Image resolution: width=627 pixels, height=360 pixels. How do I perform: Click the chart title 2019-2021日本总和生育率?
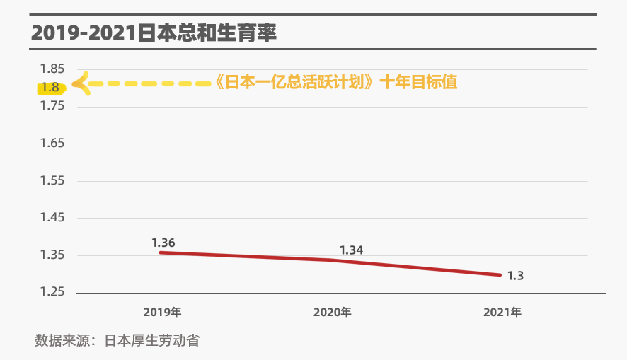coord(153,33)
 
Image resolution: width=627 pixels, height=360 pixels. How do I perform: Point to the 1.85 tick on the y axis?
coord(52,69)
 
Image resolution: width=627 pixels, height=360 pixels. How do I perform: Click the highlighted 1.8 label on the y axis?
coord(50,88)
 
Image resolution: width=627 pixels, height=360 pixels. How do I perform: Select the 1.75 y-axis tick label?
coord(52,106)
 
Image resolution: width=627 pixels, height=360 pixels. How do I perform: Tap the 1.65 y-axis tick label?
coord(52,144)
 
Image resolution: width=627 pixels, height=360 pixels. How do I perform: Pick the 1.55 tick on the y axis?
coord(52,181)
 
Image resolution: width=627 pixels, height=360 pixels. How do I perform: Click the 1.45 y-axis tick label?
coord(52,218)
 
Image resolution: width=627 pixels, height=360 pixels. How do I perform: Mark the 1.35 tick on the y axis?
coord(52,255)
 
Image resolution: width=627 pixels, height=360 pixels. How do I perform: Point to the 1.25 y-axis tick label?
coord(52,292)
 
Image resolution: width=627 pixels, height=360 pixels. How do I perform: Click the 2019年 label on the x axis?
coord(162,312)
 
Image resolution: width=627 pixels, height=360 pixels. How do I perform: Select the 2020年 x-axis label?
coord(332,312)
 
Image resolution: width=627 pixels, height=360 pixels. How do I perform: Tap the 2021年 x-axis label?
coord(502,312)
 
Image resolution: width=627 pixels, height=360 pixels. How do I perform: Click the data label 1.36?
coord(163,243)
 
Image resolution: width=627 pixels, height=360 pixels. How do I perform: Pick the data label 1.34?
coord(351,250)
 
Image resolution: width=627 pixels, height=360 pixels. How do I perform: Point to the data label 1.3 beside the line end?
coord(515,275)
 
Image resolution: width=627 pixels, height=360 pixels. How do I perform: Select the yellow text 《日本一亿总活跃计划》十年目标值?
coord(335,82)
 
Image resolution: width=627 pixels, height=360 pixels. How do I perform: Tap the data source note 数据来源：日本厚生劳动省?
coord(117,340)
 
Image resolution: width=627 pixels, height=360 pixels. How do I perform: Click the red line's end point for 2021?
coord(501,274)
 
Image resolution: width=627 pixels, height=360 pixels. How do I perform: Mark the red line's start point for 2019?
coord(161,252)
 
